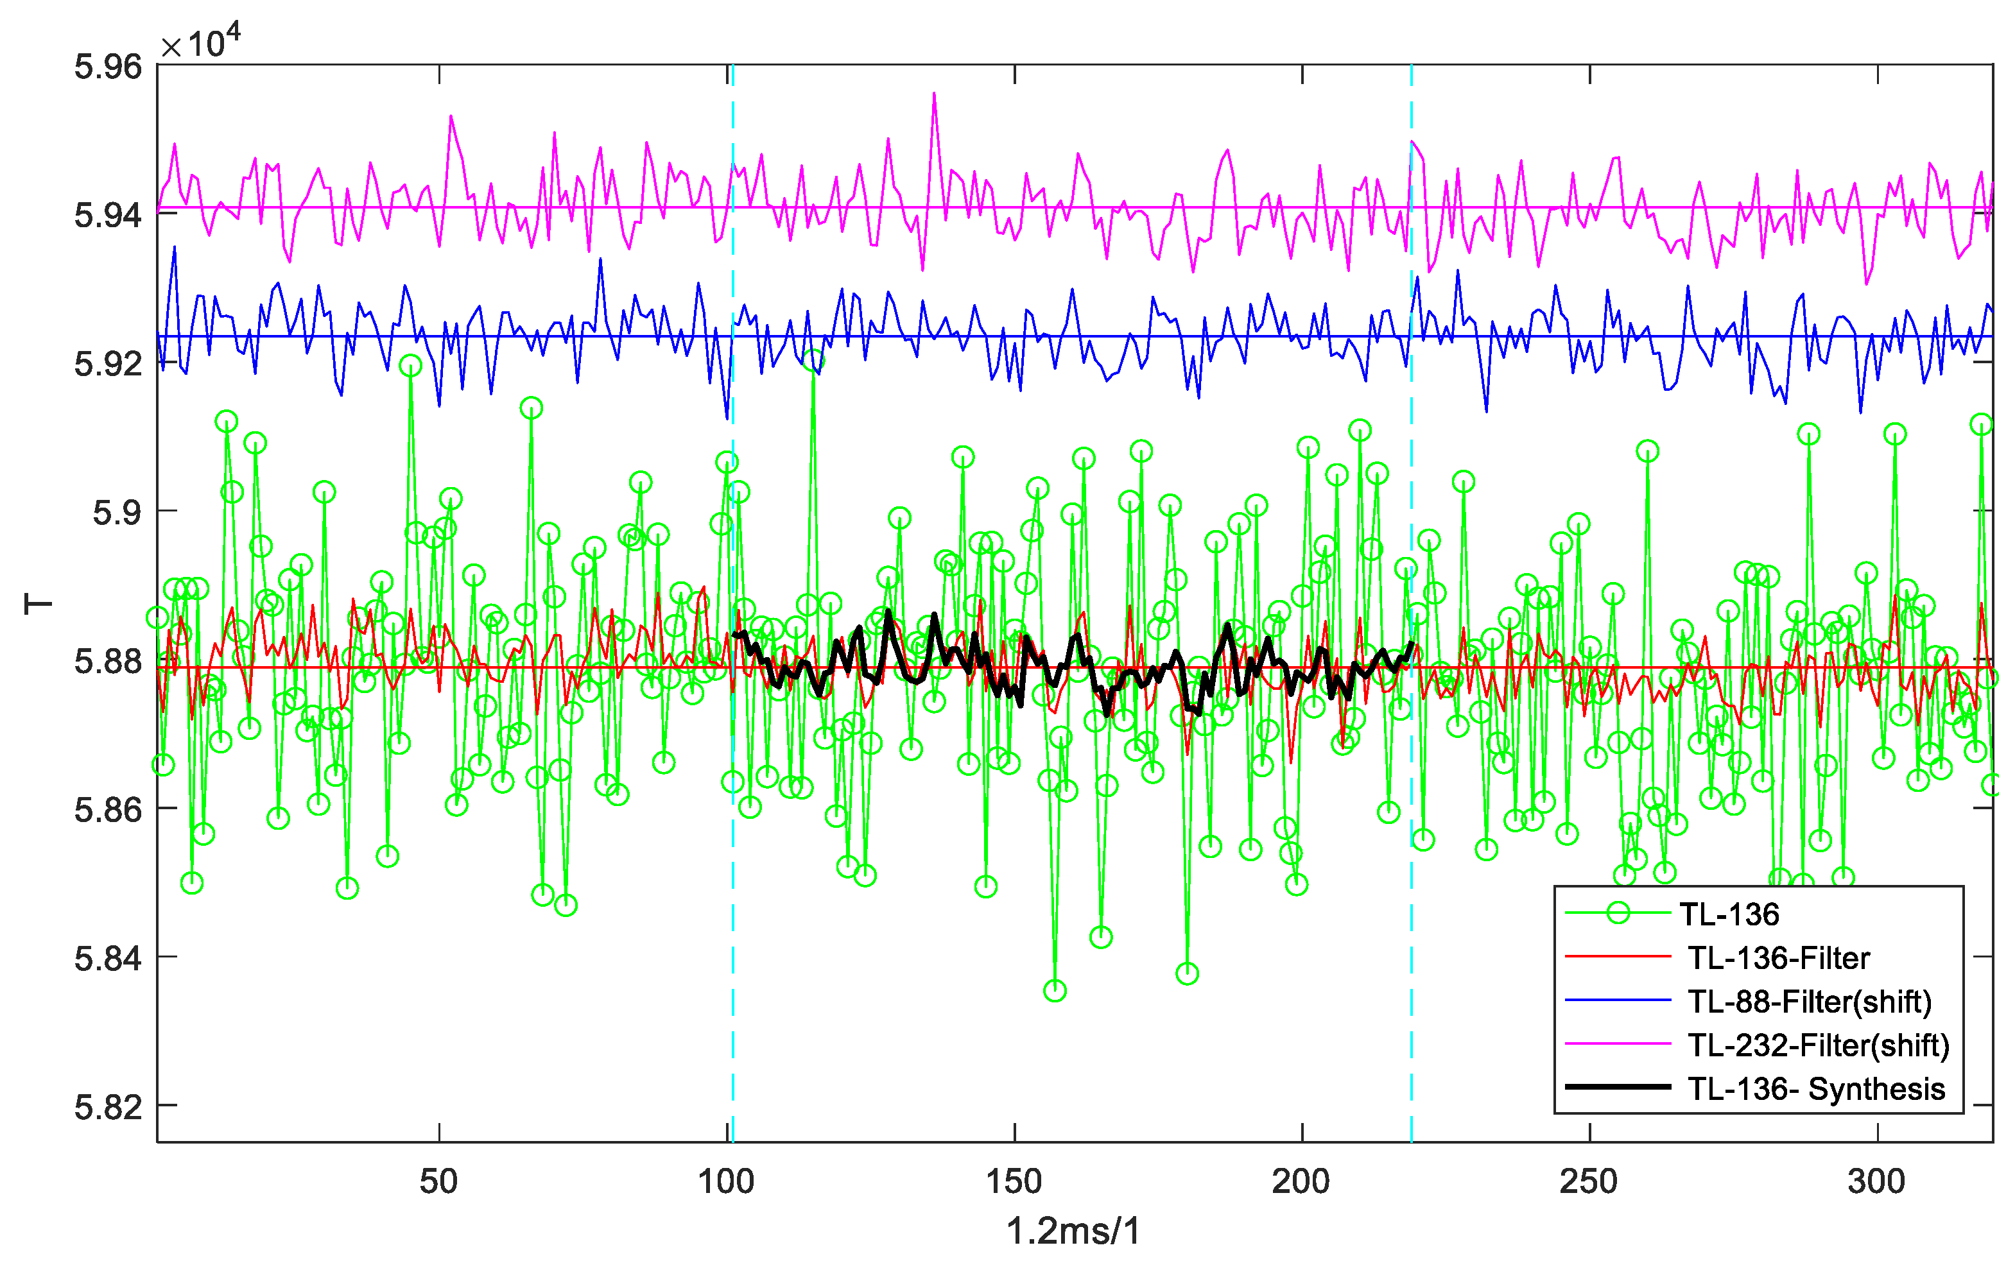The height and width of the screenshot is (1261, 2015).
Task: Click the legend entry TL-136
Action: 1729,915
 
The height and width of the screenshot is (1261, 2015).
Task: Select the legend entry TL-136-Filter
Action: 1778,958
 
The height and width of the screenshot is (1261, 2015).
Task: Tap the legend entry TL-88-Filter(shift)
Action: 1809,1002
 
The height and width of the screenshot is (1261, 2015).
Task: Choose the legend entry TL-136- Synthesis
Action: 1815,1089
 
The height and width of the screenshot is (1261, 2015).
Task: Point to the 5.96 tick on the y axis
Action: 108,67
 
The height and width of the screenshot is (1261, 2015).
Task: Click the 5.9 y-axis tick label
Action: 117,512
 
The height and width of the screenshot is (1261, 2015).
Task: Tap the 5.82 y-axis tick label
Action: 108,1107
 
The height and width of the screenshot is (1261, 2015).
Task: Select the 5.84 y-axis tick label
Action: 108,958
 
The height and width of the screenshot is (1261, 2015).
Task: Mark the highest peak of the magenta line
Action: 934,94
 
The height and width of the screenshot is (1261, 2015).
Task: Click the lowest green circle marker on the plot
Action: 1055,991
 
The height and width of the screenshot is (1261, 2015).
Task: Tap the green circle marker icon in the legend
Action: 1618,913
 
